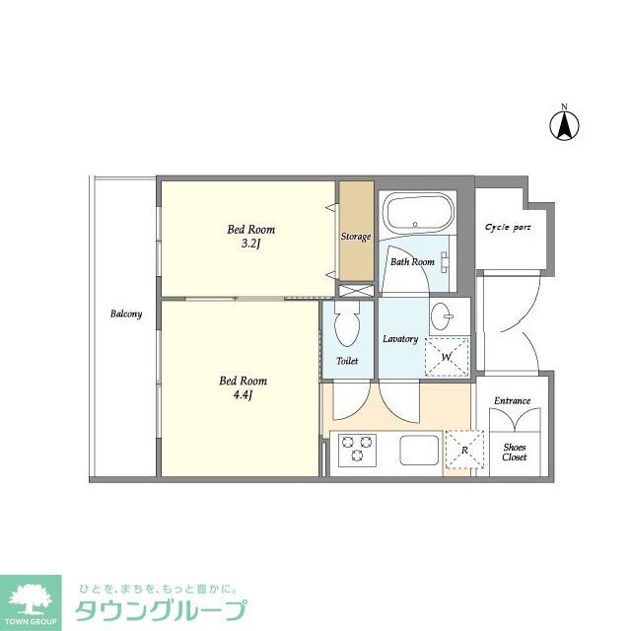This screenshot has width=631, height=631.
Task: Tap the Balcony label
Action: click(x=126, y=315)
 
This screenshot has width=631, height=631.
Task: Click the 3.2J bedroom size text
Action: click(x=246, y=245)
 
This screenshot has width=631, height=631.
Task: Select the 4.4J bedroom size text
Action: click(x=243, y=395)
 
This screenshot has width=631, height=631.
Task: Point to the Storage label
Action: click(x=356, y=237)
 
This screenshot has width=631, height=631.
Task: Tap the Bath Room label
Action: click(x=412, y=262)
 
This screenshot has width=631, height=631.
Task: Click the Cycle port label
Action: click(x=508, y=227)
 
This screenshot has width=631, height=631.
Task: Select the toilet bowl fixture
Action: click(x=347, y=322)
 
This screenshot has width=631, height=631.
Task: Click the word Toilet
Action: click(x=347, y=361)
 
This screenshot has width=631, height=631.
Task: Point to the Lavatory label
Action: click(x=400, y=339)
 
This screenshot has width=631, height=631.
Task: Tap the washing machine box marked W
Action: click(x=447, y=356)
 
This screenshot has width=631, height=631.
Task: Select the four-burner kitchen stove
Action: click(x=353, y=452)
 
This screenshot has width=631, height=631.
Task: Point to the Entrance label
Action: click(x=512, y=400)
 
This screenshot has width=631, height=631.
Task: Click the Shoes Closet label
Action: click(x=514, y=452)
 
